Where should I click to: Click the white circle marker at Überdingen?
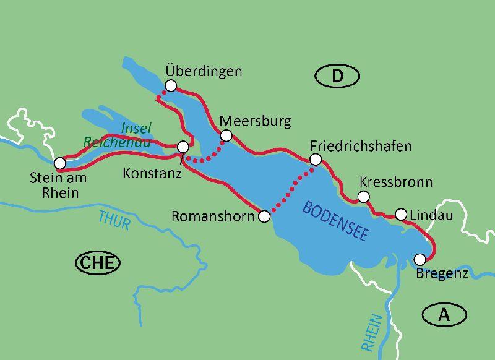pos(171,85)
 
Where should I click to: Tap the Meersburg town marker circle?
pos(226,135)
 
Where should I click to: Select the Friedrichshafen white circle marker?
pos(316,160)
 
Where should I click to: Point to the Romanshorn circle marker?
pos(264,216)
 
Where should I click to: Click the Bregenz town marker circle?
pos(420,259)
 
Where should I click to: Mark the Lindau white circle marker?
pos(401,215)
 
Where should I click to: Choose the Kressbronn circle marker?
pos(364,197)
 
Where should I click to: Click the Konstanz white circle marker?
pos(183,147)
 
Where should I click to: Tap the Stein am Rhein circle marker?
pos(59,163)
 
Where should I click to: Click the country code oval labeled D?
pos(337,76)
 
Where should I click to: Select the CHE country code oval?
pos(97,263)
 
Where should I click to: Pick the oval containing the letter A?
pos(444,315)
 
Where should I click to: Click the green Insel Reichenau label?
pos(118,135)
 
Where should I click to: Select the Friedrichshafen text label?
pos(361,146)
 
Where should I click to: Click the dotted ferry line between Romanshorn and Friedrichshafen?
pos(290,188)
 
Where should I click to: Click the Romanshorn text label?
pos(212,216)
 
